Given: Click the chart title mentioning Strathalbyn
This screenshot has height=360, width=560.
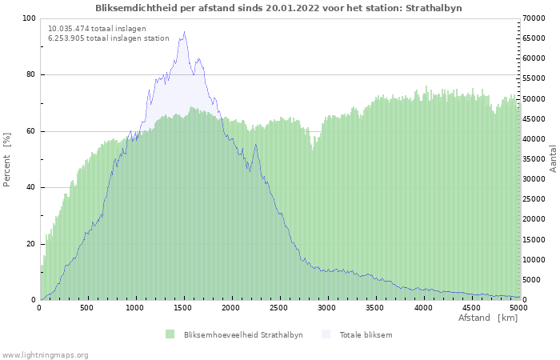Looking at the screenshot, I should click(278, 8).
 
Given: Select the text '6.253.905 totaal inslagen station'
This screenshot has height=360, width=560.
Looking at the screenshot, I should click(108, 38).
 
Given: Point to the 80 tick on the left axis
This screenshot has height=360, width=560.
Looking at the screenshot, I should click(30, 75).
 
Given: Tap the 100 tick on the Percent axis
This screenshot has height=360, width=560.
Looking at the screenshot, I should click(28, 18).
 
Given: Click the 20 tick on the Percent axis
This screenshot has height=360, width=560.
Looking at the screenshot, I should click(30, 244).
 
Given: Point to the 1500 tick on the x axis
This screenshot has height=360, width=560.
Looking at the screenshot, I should click(183, 307).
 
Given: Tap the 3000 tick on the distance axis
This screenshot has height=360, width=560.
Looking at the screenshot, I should click(327, 307).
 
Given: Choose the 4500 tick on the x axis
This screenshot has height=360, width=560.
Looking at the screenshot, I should click(471, 307).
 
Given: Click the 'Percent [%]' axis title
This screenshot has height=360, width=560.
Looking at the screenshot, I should click(7, 160).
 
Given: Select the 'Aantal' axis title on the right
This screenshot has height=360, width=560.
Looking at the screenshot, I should click(553, 158).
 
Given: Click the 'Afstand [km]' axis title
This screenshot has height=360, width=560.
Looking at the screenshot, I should click(487, 318).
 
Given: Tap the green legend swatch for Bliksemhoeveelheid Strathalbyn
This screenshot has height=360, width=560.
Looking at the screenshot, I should click(170, 334).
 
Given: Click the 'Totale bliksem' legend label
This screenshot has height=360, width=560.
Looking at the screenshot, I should click(366, 334).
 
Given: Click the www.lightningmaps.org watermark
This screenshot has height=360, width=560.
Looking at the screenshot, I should click(45, 354).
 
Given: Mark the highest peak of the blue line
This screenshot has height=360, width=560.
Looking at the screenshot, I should click(184, 32).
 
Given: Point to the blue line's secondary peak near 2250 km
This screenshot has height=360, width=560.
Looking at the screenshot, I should click(255, 145).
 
